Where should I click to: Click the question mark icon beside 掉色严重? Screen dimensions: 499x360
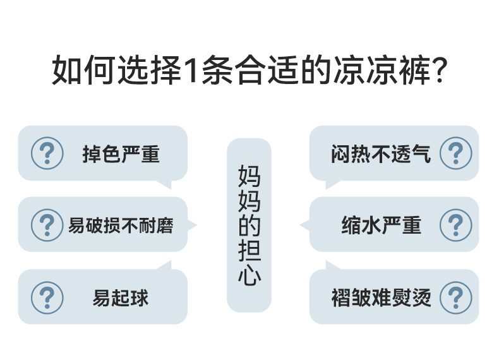pyautogui.click(x=47, y=153)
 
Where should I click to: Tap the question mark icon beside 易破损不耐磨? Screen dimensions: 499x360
pyautogui.click(x=47, y=225)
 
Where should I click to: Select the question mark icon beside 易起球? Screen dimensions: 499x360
pyautogui.click(x=47, y=297)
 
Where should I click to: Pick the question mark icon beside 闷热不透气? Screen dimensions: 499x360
pyautogui.click(x=455, y=153)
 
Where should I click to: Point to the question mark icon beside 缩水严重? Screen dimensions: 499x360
pyautogui.click(x=455, y=225)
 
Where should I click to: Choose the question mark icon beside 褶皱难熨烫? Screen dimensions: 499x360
pyautogui.click(x=455, y=297)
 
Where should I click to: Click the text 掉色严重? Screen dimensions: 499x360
pyautogui.click(x=121, y=154)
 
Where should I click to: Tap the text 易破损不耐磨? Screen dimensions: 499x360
pyautogui.click(x=121, y=225)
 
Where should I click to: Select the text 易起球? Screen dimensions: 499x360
pyautogui.click(x=121, y=297)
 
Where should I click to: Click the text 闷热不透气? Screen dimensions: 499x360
pyautogui.click(x=380, y=154)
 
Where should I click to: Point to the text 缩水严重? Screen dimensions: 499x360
pyautogui.click(x=381, y=225)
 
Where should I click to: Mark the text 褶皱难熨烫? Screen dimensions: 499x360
pyautogui.click(x=381, y=297)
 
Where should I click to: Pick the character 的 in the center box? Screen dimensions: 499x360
pyautogui.click(x=249, y=226)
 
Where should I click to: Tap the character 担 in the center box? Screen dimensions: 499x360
pyautogui.click(x=249, y=251)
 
